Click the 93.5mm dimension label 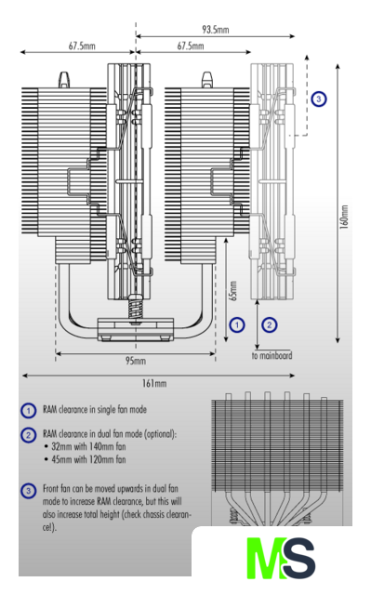tap(215, 30)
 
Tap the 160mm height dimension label tap(344, 217)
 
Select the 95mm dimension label tap(136, 361)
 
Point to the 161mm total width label tap(154, 383)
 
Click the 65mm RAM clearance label tap(233, 291)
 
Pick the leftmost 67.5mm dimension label tap(82, 46)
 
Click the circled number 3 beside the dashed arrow tap(319, 99)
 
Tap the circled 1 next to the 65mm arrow tap(237, 325)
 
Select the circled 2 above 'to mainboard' tap(270, 325)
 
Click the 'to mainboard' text tap(272, 356)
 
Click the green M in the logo tap(266, 558)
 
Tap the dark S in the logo tap(299, 558)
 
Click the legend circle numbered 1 tap(28, 411)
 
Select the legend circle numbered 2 tap(28, 435)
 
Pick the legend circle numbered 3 tap(28, 491)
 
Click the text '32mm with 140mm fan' tap(88, 446)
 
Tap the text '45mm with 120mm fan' tap(88, 460)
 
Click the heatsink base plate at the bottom tap(136, 328)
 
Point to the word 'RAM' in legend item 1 tap(49, 410)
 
